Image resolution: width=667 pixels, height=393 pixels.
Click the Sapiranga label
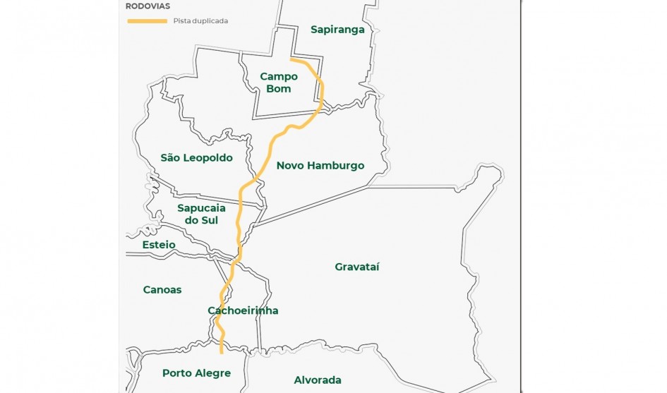[x=337, y=30]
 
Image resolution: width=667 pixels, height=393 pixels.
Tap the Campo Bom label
[x=279, y=83]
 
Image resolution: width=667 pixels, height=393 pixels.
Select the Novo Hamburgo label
[x=320, y=166]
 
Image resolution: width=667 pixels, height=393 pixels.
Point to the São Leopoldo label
[x=196, y=158]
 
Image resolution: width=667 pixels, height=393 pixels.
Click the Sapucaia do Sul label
[x=198, y=214]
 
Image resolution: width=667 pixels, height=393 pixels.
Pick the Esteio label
[x=159, y=245]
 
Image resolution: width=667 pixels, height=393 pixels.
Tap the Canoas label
[x=162, y=290]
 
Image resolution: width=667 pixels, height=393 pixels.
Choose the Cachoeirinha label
[x=243, y=311]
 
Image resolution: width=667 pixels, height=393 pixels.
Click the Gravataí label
[x=357, y=267]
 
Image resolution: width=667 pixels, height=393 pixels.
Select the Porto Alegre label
[x=196, y=373]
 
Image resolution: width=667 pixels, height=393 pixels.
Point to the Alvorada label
[x=318, y=380]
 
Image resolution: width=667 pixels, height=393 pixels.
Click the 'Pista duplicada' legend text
[x=200, y=21]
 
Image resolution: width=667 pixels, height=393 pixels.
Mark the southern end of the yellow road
[x=222, y=350]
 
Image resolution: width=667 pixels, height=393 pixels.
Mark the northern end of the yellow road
[x=292, y=61]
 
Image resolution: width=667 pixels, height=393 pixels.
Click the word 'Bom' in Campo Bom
[x=279, y=89]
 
